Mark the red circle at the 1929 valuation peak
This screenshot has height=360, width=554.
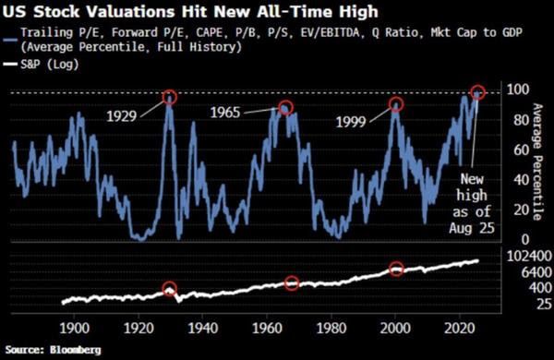pyautogui.click(x=169, y=97)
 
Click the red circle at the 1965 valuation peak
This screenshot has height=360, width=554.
pyautogui.click(x=285, y=108)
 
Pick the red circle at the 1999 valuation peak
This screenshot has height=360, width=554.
pyautogui.click(x=395, y=104)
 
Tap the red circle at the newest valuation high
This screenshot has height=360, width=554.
pyautogui.click(x=477, y=92)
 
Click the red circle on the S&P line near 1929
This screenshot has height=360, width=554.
pyautogui.click(x=169, y=289)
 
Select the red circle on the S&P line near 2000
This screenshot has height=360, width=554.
pyautogui.click(x=396, y=269)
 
